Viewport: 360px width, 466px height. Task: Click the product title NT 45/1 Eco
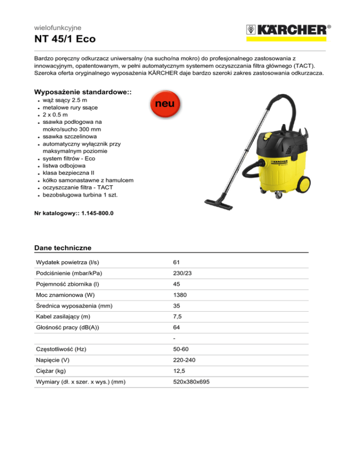(x=65, y=39)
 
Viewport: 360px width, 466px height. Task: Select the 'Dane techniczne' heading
(x=63, y=248)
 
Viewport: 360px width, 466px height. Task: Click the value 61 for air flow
(x=176, y=262)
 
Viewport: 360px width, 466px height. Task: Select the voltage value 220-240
(x=183, y=360)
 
